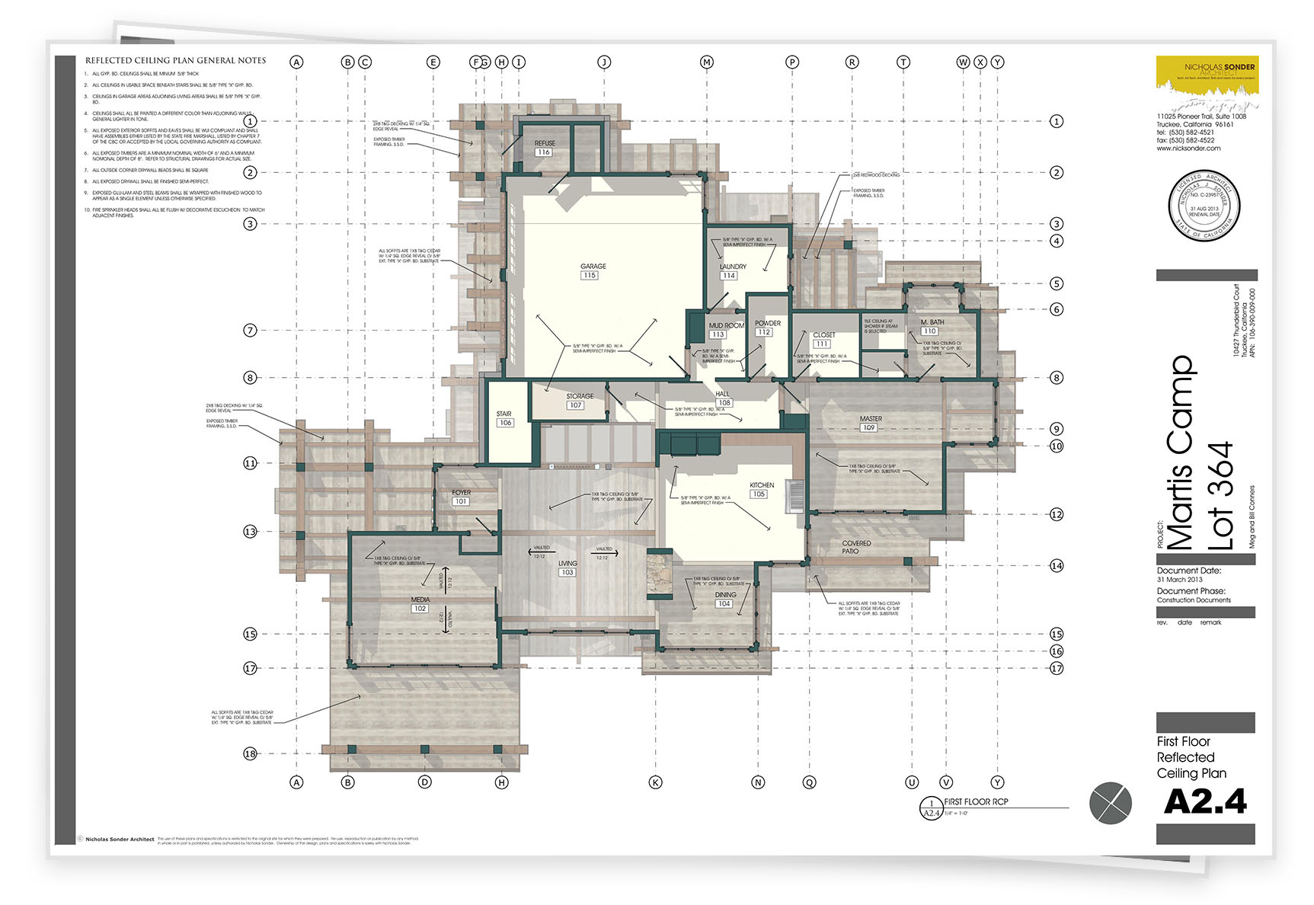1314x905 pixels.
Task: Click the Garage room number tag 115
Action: (x=589, y=276)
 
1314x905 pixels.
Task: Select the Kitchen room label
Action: (x=761, y=485)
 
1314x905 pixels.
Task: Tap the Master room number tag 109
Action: (x=868, y=428)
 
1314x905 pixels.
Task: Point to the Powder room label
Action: (x=767, y=323)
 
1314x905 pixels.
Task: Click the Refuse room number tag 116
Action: (x=543, y=152)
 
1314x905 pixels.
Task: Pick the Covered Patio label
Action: (x=855, y=547)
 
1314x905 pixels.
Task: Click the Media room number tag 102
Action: (x=420, y=609)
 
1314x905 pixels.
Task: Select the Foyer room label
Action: (x=461, y=493)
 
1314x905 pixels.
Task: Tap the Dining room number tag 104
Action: (x=724, y=604)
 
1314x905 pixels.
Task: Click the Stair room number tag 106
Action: (x=505, y=423)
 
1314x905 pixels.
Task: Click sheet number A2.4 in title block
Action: (x=1205, y=801)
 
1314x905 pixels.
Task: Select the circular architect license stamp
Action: (x=1204, y=206)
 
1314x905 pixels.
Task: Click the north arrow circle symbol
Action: (x=1111, y=803)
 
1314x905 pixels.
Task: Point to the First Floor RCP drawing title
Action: (x=976, y=801)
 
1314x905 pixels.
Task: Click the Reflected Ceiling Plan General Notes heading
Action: (x=175, y=60)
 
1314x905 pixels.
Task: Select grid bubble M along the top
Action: (x=707, y=62)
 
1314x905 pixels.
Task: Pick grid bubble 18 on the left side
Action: (x=250, y=754)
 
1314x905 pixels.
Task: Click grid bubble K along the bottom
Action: (x=655, y=782)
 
